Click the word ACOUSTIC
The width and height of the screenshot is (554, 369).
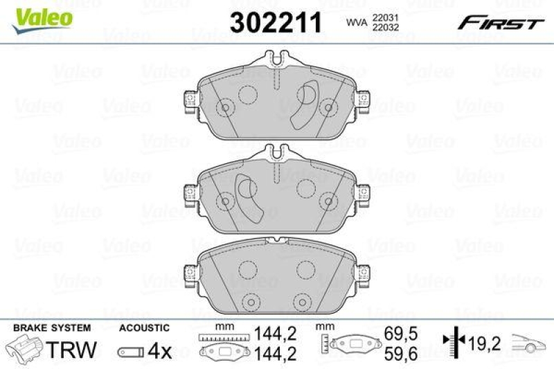[x=144, y=327]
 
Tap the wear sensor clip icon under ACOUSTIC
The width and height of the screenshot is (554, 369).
[x=129, y=352]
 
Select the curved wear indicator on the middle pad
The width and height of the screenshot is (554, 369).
[x=247, y=196]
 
